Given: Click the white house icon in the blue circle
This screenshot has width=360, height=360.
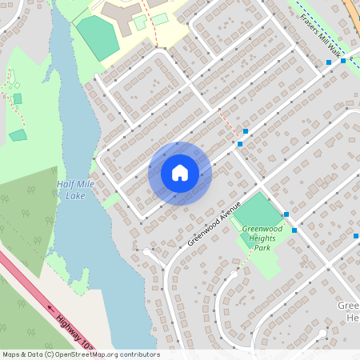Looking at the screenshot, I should click(180, 173).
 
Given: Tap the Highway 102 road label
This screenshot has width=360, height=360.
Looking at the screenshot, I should click(76, 330).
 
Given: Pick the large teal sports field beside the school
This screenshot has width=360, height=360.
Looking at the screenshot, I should click(98, 36).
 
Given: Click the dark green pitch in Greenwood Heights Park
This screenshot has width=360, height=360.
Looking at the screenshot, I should click(258, 210).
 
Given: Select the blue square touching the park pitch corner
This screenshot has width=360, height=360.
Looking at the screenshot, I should click(286, 214).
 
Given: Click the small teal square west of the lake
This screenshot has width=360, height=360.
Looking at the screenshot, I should click(18, 135).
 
